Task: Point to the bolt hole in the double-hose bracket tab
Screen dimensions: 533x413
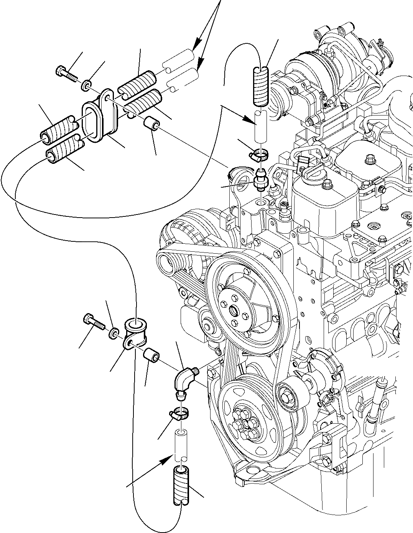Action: click(x=108, y=97)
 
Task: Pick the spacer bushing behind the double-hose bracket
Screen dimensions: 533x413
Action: click(x=150, y=125)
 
